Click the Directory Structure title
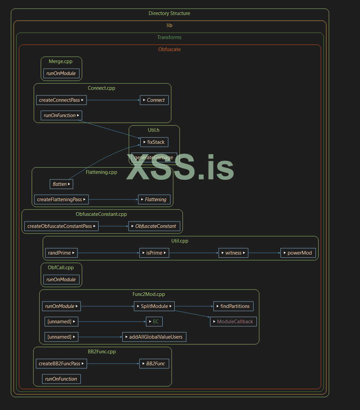[x=169, y=13]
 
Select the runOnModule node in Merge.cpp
[x=61, y=73]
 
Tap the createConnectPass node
[x=61, y=100]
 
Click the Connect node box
[x=154, y=100]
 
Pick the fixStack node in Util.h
[x=154, y=142]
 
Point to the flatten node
[x=61, y=184]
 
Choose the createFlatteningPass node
[x=61, y=199]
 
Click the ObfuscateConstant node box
[x=154, y=226]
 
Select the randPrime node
[x=61, y=253]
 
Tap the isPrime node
[x=154, y=253]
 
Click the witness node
[x=233, y=253]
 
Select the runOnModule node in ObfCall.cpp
[x=61, y=280]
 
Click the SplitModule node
[x=154, y=306]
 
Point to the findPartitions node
[x=233, y=306]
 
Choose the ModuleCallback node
[x=233, y=322]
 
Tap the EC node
[x=154, y=322]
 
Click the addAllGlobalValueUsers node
[x=154, y=337]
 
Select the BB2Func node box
[x=154, y=364]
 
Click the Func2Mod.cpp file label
[x=149, y=294]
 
